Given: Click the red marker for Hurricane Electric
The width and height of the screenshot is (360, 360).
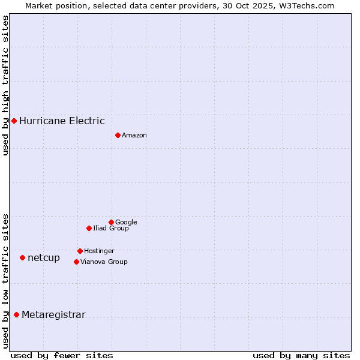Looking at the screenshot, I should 14,121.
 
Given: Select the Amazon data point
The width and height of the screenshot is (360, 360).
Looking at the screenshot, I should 118,135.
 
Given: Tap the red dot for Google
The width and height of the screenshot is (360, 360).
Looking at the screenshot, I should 111,222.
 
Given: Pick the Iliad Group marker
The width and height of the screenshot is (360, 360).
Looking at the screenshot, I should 89,228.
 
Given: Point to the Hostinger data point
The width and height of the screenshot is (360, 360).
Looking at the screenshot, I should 80,251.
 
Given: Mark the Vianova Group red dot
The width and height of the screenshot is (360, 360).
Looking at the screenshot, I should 76,262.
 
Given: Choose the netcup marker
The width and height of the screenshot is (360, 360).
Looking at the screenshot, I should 22,257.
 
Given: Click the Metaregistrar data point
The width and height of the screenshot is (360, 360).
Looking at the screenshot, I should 16,314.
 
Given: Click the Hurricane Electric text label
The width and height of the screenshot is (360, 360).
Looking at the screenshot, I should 62,121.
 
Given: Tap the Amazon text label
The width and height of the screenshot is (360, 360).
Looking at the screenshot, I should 134,136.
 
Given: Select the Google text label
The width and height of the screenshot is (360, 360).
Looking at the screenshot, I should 126,223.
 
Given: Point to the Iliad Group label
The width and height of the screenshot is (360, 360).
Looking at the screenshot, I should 111,229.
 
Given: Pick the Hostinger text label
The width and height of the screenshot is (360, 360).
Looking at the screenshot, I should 99,251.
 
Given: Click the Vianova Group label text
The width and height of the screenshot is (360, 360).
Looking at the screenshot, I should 104,262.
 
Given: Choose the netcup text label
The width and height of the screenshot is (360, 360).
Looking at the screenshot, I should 44,258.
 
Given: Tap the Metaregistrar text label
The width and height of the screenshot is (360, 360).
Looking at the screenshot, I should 53,315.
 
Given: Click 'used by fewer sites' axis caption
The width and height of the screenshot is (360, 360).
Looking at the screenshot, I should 62,355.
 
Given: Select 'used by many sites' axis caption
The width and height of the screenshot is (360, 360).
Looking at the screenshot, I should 301,355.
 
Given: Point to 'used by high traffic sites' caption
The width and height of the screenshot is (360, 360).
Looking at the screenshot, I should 5,85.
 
